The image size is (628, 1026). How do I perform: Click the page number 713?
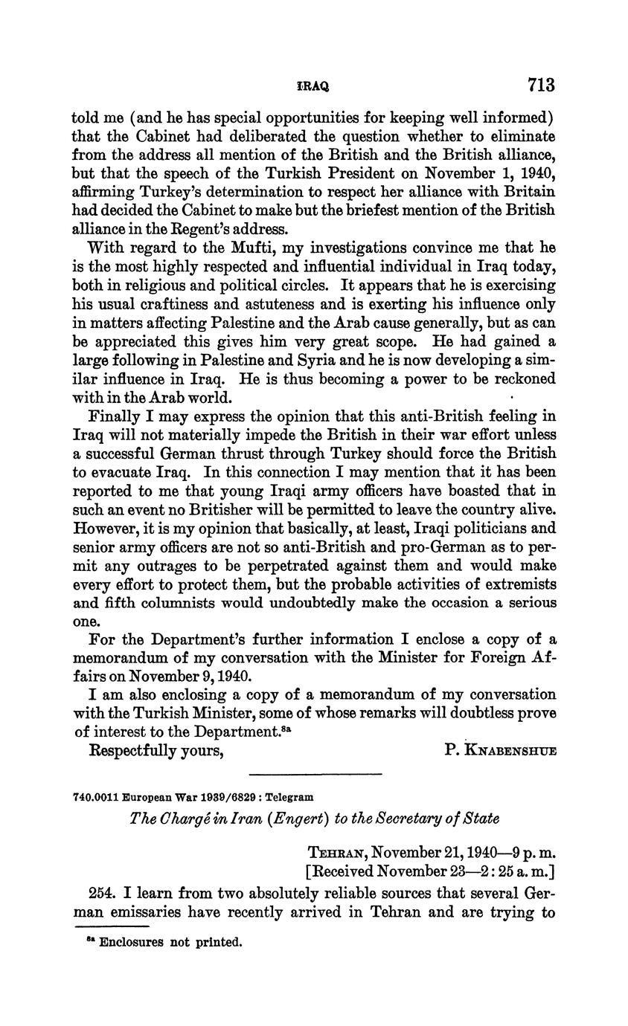coord(541,85)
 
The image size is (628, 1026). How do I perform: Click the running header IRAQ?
coord(313,86)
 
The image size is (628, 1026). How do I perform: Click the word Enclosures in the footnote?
coord(130,943)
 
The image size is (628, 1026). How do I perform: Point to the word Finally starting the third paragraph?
coord(117,416)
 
